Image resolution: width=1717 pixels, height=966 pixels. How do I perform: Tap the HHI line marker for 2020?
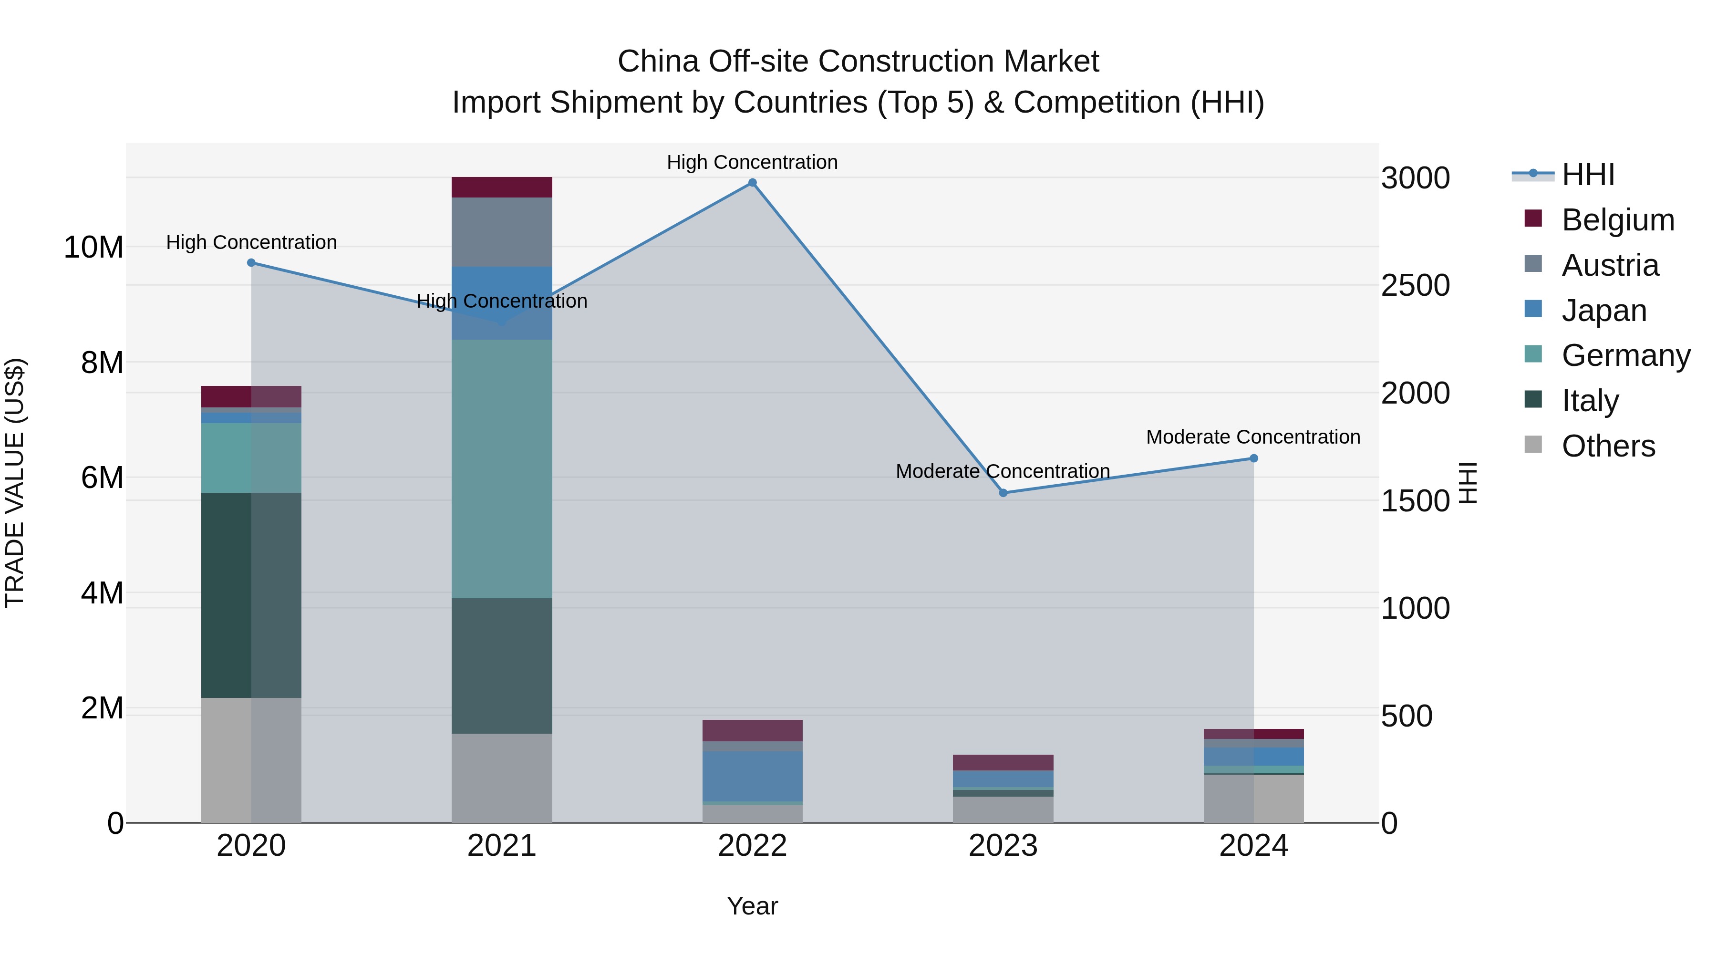251,263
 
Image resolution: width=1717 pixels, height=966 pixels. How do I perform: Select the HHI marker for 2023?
1003,493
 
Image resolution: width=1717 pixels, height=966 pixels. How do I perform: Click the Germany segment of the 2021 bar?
501,468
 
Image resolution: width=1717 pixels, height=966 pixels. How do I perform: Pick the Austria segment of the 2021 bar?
501,231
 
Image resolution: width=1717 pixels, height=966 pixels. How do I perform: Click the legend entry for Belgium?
1618,220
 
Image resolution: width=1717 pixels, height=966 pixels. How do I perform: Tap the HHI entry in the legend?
1588,175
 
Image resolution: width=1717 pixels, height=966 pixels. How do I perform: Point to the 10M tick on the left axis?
93,247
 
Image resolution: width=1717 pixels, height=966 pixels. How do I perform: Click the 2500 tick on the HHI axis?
1415,285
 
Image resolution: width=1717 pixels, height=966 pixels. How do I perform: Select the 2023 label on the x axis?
1003,846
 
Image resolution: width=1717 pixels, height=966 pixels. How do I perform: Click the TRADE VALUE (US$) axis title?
15,483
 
